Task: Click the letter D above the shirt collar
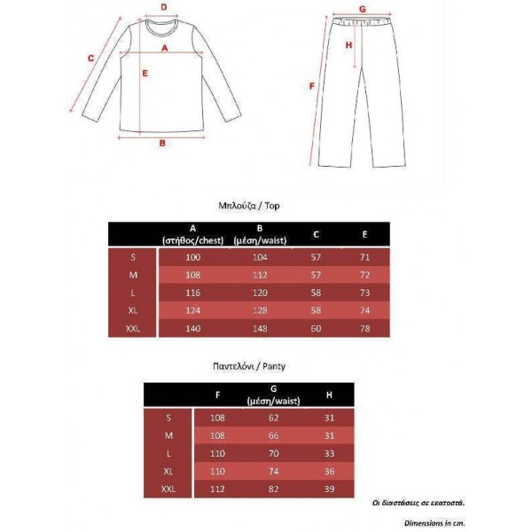163,6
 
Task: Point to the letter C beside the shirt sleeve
91,59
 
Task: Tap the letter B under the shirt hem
162,143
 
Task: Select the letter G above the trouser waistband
362,10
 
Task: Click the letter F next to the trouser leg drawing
311,86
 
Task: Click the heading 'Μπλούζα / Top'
249,205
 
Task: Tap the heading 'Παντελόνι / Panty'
248,364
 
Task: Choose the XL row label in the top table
133,310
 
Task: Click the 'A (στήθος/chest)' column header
192,234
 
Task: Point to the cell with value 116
192,292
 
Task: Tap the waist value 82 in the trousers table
273,489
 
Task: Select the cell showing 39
330,489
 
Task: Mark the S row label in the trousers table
168,417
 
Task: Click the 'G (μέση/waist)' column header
273,395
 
